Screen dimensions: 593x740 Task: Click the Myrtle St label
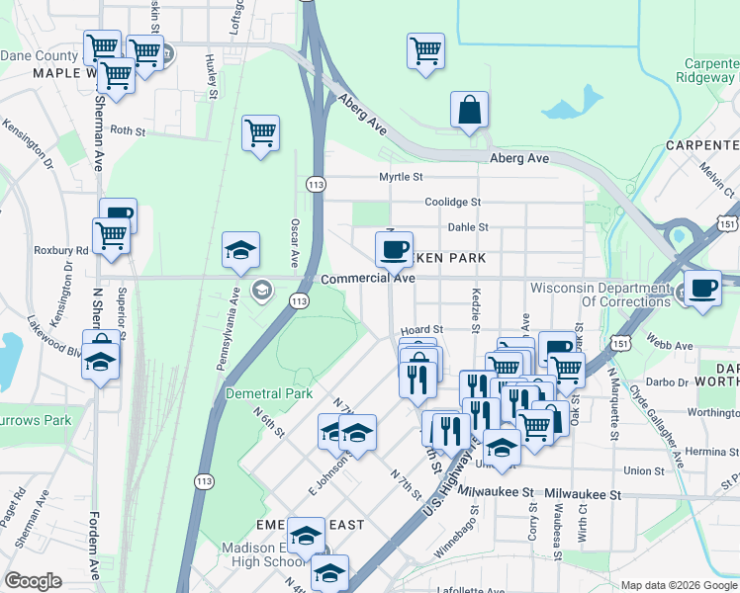point(401,177)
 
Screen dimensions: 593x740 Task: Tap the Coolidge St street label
point(452,202)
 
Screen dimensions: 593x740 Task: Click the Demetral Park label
point(269,393)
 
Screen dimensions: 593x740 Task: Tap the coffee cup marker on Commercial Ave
point(394,249)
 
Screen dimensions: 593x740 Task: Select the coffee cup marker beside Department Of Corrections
point(703,289)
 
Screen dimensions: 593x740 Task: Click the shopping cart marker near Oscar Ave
point(260,133)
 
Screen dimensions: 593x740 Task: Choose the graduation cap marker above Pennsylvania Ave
point(239,253)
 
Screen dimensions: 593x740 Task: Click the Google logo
point(34,581)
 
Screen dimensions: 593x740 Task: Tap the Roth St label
point(128,130)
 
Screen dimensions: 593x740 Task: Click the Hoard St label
point(420,330)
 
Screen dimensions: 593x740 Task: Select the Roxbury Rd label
point(60,250)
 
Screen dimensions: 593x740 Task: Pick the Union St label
point(644,471)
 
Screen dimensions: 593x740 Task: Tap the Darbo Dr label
point(671,381)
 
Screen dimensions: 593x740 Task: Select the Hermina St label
point(704,451)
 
